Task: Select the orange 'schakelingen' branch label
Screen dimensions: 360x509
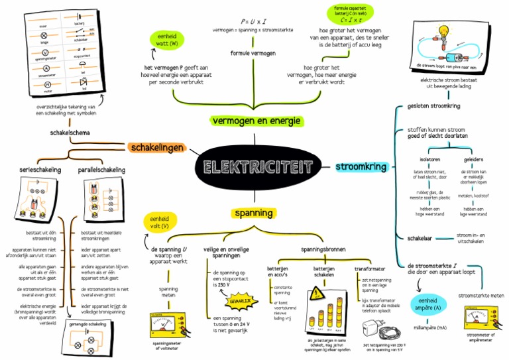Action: [x=157, y=147]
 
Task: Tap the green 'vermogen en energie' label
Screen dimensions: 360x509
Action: [x=256, y=121]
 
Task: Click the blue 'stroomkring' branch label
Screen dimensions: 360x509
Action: [x=362, y=167]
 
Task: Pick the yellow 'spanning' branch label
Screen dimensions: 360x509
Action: [x=253, y=213]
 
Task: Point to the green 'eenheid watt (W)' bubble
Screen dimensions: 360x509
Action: [x=169, y=40]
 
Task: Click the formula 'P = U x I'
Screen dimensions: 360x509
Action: [x=253, y=22]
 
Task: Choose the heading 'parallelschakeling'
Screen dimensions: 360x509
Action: [x=101, y=170]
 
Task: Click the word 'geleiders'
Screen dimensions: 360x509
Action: [x=473, y=159]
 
